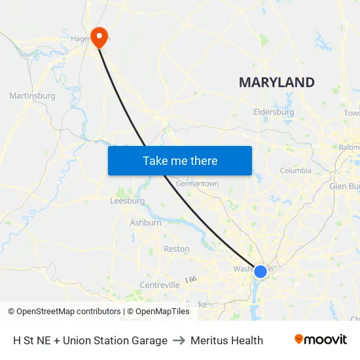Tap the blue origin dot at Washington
[261, 271]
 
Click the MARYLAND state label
[276, 82]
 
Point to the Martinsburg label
[32, 96]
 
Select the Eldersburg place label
[274, 112]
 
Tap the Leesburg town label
[128, 201]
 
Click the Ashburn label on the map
[145, 223]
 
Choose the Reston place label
[176, 249]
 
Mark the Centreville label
[160, 285]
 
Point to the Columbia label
[295, 171]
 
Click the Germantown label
[197, 184]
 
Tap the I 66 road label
[190, 279]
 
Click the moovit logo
[320, 340]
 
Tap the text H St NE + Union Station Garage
[90, 340]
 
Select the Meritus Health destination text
[226, 340]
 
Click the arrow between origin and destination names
[179, 340]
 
